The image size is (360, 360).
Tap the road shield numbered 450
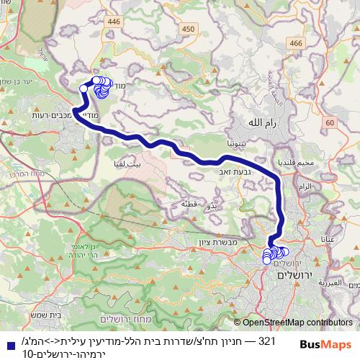click(189, 28)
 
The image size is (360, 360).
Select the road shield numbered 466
click(294, 44)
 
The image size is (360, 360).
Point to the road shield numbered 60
click(330, 123)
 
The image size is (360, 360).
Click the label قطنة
click(189, 204)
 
